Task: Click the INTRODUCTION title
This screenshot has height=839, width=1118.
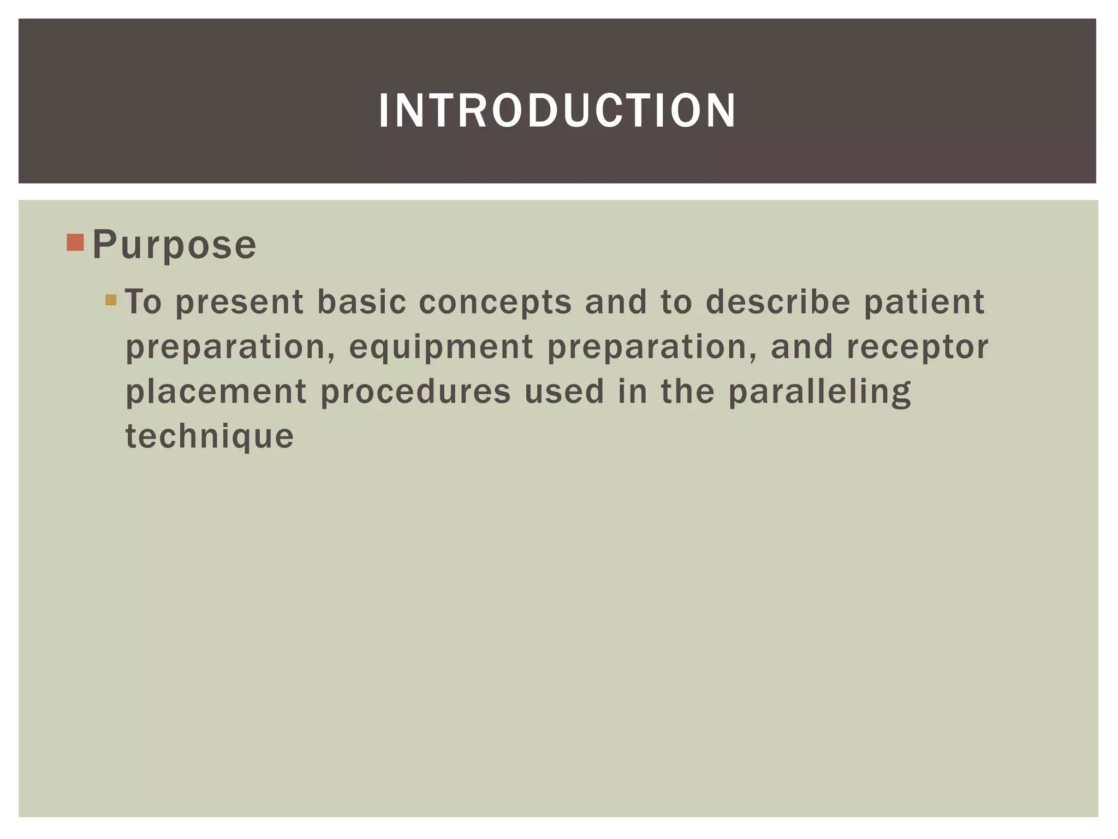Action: [557, 111]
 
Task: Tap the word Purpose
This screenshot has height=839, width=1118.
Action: [174, 245]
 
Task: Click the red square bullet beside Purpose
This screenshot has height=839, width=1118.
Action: [75, 243]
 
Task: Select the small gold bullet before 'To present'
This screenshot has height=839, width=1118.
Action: [111, 300]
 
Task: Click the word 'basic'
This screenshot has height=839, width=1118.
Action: [362, 302]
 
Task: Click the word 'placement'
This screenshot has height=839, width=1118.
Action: [216, 393]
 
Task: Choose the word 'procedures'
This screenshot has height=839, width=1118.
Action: [415, 393]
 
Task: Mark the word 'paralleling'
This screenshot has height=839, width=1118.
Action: [819, 393]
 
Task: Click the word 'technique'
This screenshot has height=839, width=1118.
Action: [210, 437]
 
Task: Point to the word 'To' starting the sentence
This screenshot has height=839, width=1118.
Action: [144, 302]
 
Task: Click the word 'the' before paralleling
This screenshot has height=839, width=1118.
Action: [687, 392]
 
